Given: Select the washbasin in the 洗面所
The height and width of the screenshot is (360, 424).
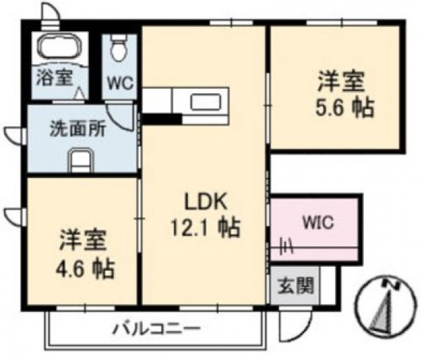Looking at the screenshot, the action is (81, 160).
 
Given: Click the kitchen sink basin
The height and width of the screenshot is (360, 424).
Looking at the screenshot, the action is (206, 101).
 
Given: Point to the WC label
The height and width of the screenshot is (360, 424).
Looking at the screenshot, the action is (120, 83).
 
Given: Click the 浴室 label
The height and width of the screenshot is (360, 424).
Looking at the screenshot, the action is (55, 77).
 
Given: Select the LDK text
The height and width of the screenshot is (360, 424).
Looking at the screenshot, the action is (205, 203).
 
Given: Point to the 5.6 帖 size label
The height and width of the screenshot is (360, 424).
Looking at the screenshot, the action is (346, 107).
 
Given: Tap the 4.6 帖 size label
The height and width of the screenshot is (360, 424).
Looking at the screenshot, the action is (85, 268).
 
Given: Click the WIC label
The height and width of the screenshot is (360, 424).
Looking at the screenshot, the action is (318, 222).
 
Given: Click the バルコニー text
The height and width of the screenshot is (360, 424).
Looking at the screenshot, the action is (157, 329).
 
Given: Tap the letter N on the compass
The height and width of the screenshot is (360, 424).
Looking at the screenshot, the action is (391, 284).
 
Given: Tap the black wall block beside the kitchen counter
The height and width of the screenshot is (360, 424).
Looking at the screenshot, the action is (163, 119).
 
